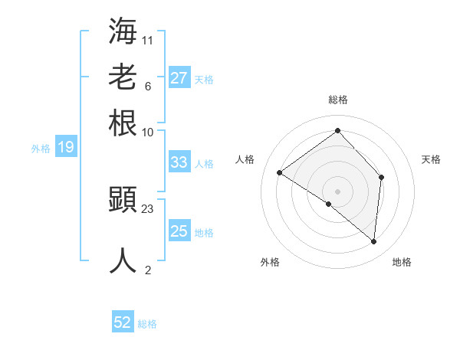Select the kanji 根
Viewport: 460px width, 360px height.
(x=123, y=123)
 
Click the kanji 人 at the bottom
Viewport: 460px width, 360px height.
(x=123, y=260)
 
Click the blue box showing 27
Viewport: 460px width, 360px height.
(x=179, y=78)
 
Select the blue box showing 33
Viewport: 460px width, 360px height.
(x=179, y=162)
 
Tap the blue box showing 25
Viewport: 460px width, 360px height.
(x=179, y=231)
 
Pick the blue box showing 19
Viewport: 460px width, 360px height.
(x=66, y=147)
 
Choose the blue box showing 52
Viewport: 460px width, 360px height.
(x=123, y=322)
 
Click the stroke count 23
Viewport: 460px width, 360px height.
(x=148, y=208)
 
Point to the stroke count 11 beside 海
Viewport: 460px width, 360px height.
(x=148, y=38)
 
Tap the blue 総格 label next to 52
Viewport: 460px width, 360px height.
(x=147, y=324)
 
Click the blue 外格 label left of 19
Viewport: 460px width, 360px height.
(x=41, y=149)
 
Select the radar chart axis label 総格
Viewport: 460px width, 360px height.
(x=337, y=100)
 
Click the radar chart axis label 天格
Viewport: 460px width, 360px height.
(x=432, y=159)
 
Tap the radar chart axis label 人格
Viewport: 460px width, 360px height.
(x=245, y=159)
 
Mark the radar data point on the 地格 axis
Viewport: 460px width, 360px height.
(x=374, y=241)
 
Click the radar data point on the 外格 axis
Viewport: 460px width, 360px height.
(x=329, y=204)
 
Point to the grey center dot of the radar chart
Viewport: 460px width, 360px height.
(x=337, y=191)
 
